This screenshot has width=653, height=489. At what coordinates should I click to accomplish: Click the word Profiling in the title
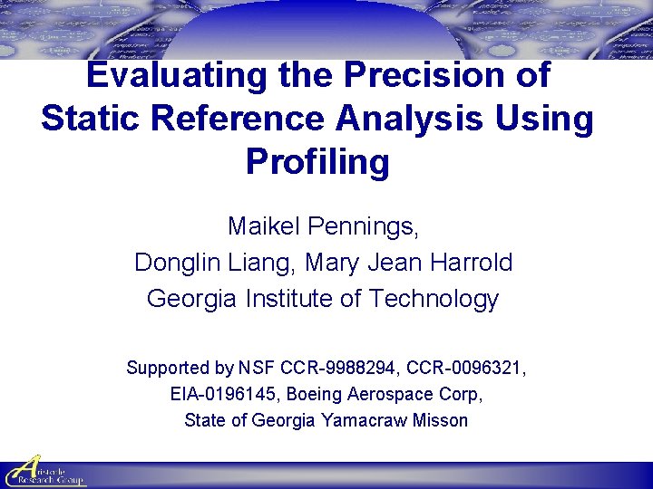317,162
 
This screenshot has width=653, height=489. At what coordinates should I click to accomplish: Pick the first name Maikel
264,226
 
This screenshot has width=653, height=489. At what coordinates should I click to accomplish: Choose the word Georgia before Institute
191,298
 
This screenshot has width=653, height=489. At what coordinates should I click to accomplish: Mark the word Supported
167,369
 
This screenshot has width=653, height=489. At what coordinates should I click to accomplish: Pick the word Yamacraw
363,421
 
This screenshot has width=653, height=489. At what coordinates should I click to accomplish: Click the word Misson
439,421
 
